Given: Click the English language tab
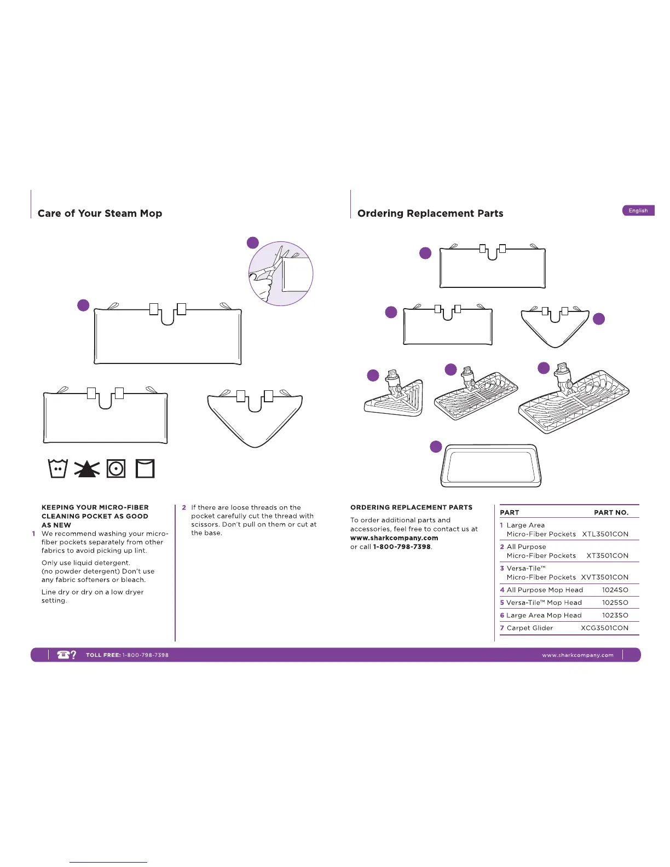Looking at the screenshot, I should pos(638,211).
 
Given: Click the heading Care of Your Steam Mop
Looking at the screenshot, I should pos(100,213).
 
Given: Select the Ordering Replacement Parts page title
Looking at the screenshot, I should pos(430,213).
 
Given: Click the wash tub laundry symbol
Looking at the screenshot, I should pos(58,469).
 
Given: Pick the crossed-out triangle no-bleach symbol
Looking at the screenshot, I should pos(87,469).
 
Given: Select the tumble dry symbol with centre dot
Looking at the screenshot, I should pos(116,469).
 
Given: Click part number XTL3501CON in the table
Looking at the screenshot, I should pos(605,534).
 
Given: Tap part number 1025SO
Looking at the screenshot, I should pos(615,603).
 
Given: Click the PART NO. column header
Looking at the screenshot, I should pos(611,513).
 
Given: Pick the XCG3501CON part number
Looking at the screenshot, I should pos(604,628).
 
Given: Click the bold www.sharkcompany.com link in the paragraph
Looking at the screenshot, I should pos(394,538).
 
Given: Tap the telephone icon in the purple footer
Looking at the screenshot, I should pos(64,655).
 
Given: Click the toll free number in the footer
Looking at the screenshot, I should pos(145,655).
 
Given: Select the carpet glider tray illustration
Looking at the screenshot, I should pos(491,466).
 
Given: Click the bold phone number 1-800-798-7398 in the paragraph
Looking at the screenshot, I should pos(402,547).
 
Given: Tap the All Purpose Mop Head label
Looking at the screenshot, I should pos(545,590).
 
